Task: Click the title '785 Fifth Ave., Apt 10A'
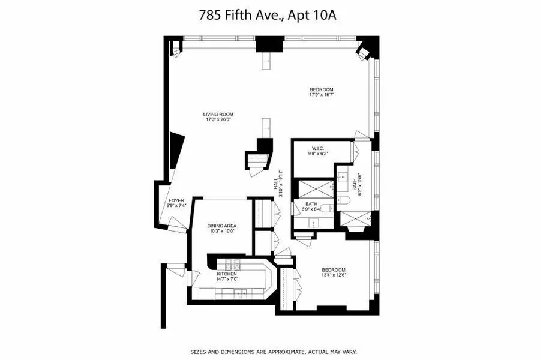[x=268, y=15]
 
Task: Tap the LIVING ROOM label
[x=218, y=114]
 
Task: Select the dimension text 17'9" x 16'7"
[x=322, y=95]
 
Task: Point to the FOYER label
[x=176, y=200]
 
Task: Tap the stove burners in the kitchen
[x=232, y=266]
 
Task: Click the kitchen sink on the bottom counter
[x=241, y=293]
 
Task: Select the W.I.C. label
[x=318, y=148]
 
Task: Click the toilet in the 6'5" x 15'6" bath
[x=347, y=200]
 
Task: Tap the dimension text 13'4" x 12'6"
[x=334, y=275]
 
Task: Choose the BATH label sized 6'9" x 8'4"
[x=311, y=203]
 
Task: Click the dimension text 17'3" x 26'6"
[x=218, y=119]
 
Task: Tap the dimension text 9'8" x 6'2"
[x=318, y=154]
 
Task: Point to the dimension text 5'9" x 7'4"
[x=176, y=206]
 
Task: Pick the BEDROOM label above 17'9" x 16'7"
[x=322, y=89]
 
